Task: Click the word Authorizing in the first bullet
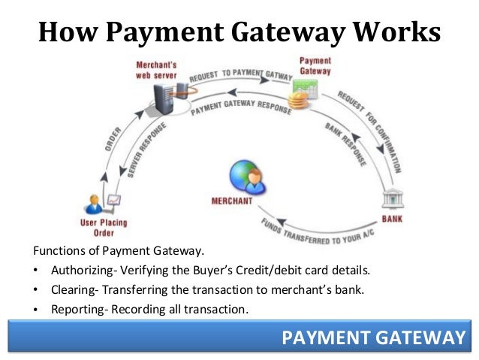[x=81, y=270]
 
